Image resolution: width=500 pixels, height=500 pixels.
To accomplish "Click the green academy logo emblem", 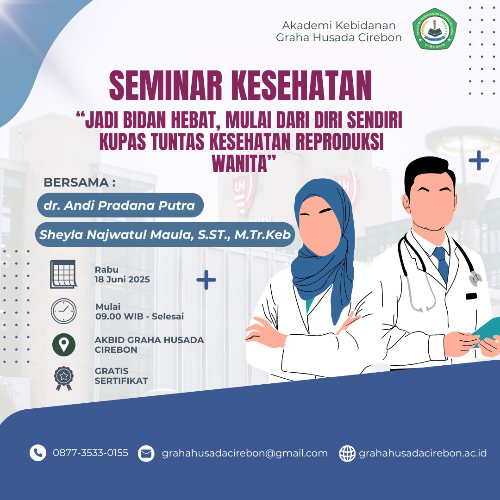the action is (x=434, y=29).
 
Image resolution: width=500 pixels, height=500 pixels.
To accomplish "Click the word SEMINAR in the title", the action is (x=165, y=86).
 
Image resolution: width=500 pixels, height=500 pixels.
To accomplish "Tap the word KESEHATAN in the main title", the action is (x=302, y=86).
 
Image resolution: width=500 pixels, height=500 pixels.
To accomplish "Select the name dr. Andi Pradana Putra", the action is (x=119, y=206).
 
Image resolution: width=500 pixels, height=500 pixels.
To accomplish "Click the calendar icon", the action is (x=63, y=274).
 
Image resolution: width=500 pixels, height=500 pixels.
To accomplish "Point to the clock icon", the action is (x=64, y=311).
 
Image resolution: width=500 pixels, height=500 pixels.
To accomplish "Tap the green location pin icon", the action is (x=64, y=345).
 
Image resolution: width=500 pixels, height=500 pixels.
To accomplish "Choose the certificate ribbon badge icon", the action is (x=64, y=379).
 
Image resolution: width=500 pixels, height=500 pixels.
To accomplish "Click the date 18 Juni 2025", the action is (x=122, y=280).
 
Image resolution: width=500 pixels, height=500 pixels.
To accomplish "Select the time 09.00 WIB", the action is (x=119, y=316).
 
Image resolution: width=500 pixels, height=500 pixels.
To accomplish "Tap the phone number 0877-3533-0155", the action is (x=91, y=453).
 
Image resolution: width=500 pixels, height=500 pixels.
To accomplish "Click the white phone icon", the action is (x=38, y=453).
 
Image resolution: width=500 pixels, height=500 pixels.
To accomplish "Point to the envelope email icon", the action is (x=146, y=453).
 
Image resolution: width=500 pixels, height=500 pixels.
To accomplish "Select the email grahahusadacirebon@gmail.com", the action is (x=245, y=453).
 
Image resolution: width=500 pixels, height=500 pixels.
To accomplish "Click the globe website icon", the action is (x=347, y=453).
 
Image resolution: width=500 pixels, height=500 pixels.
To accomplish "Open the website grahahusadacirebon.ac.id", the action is (x=423, y=453).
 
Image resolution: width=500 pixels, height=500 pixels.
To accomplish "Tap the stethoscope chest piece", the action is (x=475, y=278).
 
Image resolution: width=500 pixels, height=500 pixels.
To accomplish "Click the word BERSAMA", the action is (x=76, y=182).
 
